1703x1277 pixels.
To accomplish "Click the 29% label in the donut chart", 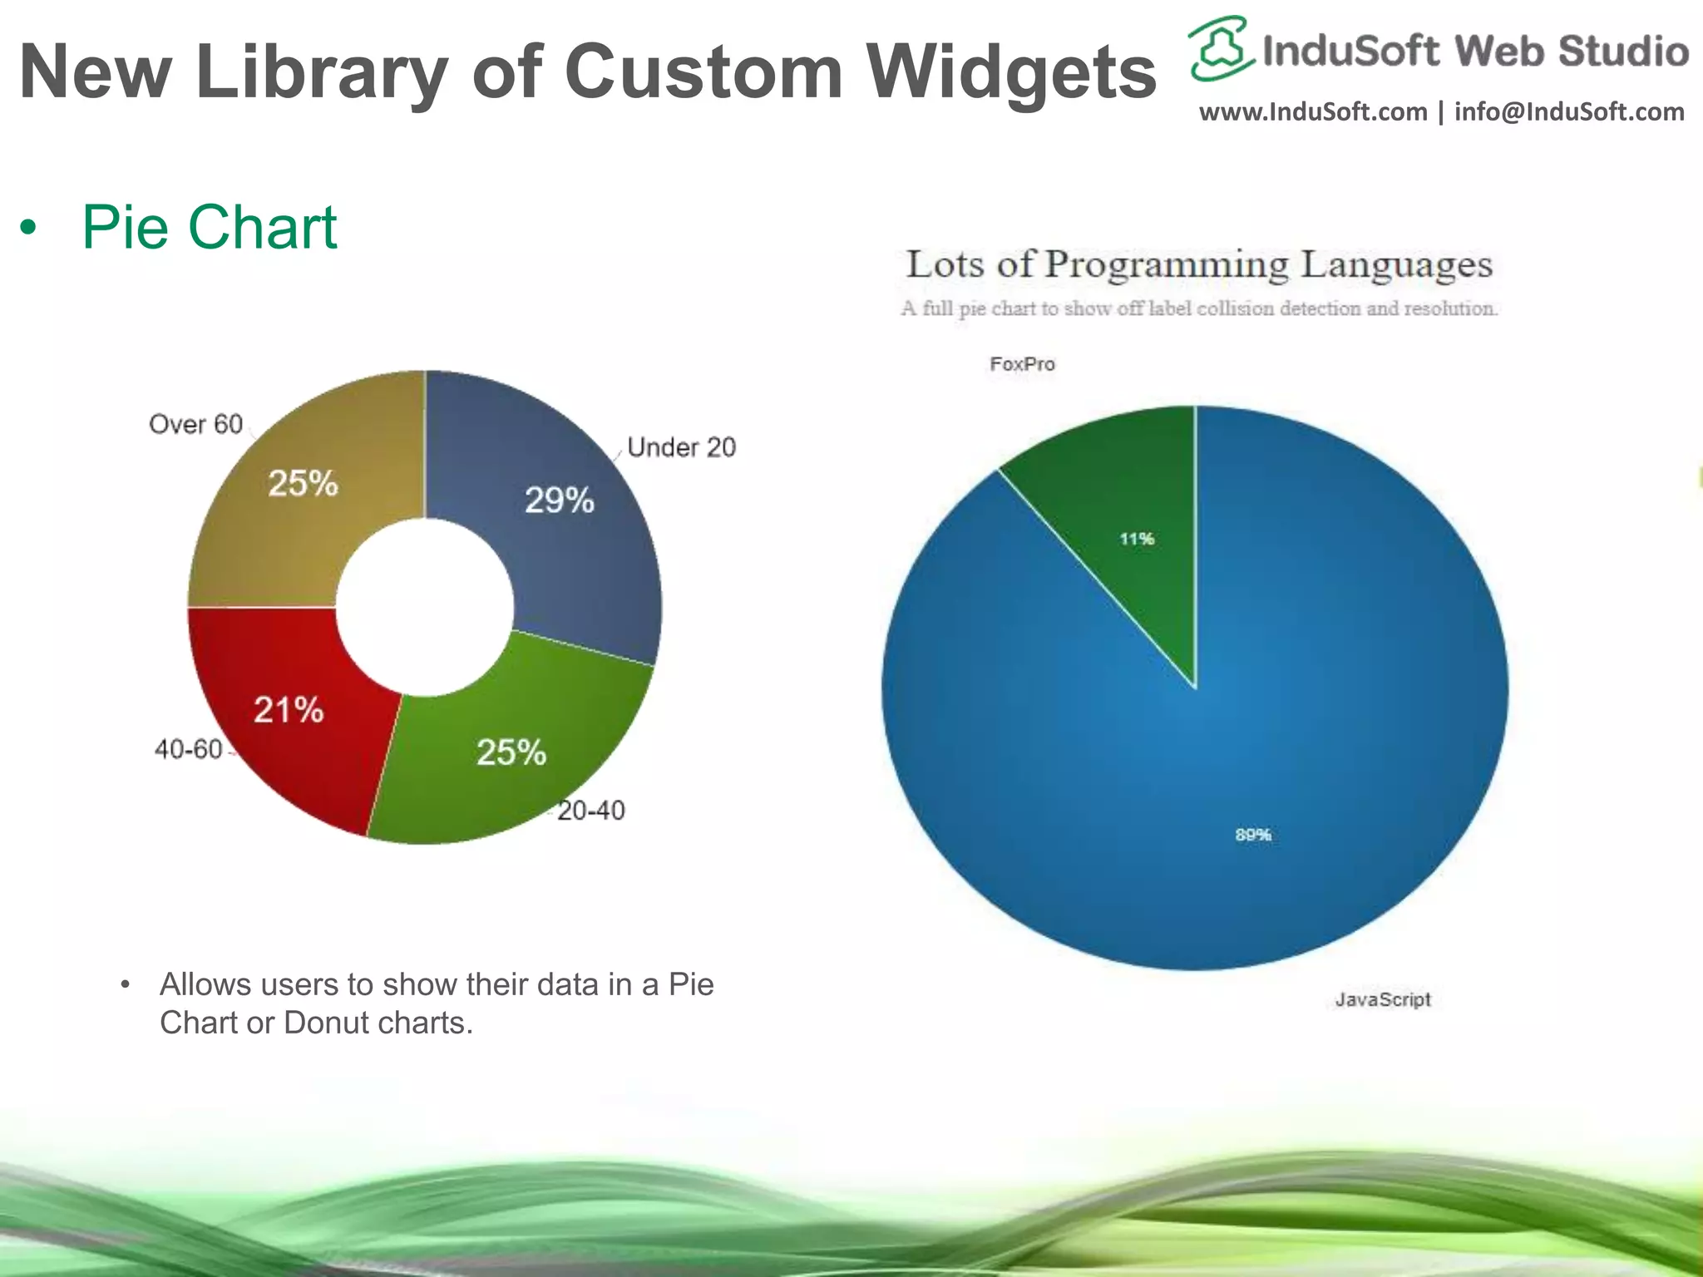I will pos(559,500).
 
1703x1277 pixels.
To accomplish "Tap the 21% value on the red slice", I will pos(288,710).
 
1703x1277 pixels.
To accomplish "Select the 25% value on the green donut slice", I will pos(511,752).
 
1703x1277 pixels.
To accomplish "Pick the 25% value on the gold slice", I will pos(303,483).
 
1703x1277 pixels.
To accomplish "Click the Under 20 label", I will pos(681,447).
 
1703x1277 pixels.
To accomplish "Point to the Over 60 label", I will pos(195,424).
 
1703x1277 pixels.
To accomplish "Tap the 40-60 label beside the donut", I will pos(189,749).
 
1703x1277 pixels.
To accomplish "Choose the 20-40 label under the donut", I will pos(590,810).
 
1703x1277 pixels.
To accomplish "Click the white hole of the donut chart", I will pos(424,607).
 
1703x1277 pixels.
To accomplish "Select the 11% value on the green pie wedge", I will pos(1136,539).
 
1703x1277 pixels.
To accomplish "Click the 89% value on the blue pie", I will pos(1252,834).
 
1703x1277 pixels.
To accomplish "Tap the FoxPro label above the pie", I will pos(1022,364).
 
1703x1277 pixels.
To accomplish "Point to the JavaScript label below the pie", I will pos(1382,999).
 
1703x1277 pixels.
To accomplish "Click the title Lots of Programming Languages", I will pos(1198,264).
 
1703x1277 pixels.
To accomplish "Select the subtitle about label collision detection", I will pos(1198,308).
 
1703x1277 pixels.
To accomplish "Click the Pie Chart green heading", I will pos(209,227).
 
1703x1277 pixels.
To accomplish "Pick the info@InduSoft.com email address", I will pos(1568,111).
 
